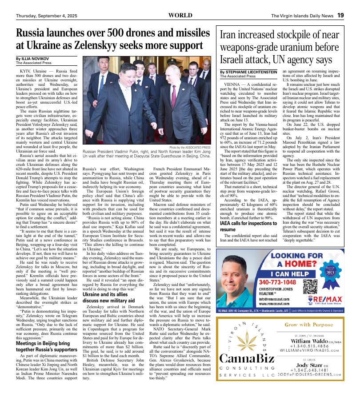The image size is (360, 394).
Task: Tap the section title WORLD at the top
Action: click(180, 15)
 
